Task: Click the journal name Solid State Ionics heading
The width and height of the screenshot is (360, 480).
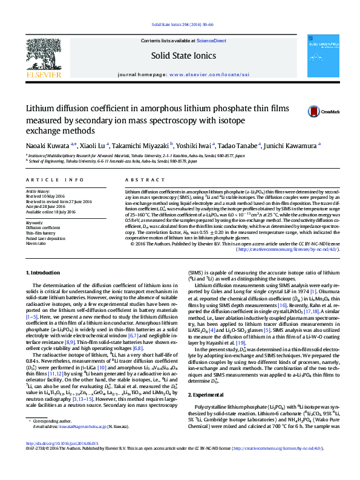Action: click(x=179, y=56)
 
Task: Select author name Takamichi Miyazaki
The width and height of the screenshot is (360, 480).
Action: click(x=142, y=146)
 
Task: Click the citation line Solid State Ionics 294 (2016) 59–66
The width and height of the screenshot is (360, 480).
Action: click(x=179, y=25)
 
